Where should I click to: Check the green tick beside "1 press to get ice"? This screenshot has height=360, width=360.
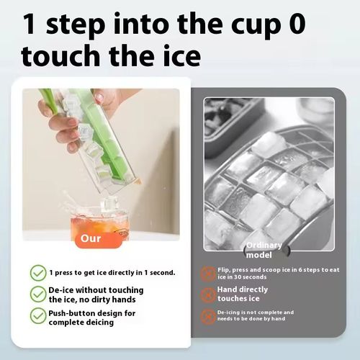click(37, 273)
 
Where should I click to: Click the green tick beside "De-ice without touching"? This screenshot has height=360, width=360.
click(37, 294)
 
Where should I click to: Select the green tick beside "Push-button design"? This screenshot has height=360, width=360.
click(37, 315)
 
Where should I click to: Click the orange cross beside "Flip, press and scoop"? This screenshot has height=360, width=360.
click(208, 273)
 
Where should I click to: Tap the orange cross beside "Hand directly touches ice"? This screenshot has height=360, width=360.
click(208, 294)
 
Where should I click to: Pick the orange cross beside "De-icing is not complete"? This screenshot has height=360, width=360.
click(208, 315)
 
